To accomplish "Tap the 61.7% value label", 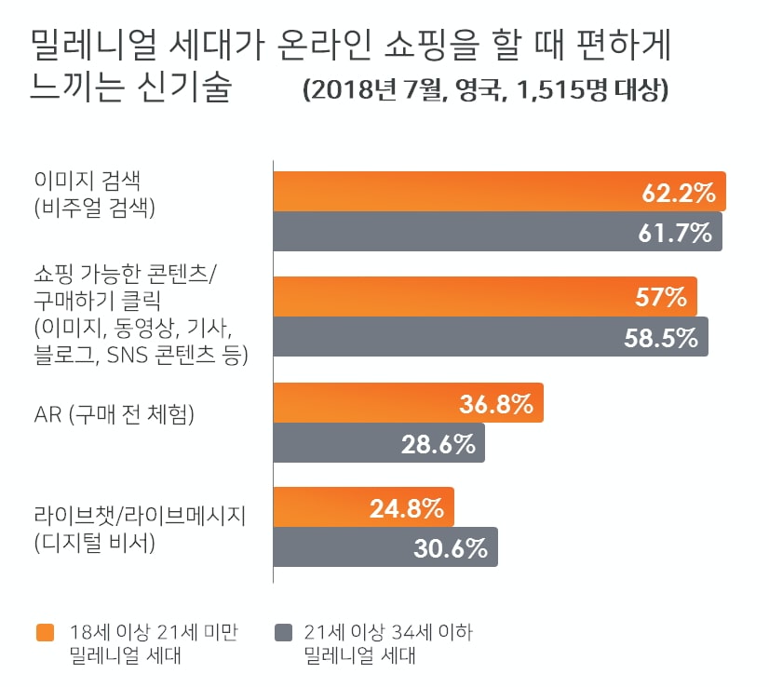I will pos(675,232).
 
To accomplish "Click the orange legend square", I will pos(45,633).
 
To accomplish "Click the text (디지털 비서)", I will pos(92,542).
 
